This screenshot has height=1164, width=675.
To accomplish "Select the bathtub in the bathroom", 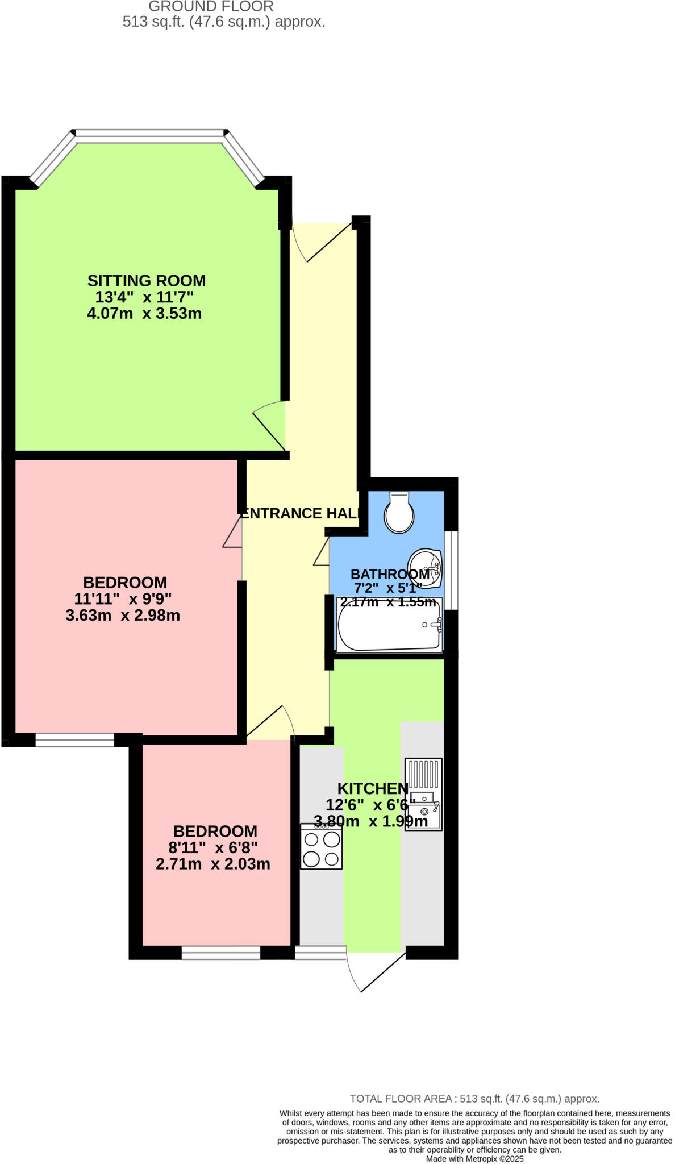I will point(390,625).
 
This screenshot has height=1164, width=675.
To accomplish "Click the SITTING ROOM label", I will point(146,281).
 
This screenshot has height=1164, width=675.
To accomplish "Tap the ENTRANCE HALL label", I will point(301,513).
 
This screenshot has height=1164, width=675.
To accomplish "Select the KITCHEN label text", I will point(373,788).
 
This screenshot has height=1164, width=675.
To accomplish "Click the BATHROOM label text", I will point(390,574).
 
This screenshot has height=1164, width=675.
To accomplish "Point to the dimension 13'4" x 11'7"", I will point(144,297).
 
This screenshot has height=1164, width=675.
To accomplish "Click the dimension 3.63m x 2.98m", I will point(123,615).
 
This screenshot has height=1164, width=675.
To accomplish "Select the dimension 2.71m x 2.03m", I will point(213,864).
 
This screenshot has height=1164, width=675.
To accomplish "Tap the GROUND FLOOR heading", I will point(211,7).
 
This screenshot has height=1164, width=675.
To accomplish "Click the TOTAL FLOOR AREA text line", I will point(474,1099).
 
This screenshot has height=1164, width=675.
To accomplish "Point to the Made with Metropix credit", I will point(474,1158).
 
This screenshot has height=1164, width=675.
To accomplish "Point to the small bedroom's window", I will point(220,953).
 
